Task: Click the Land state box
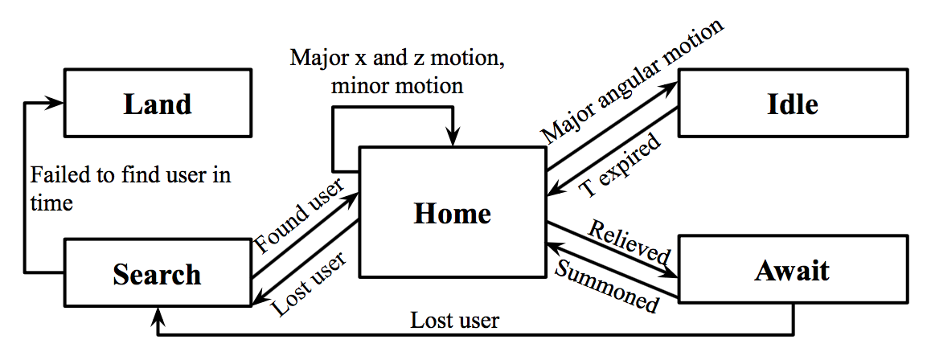click(x=158, y=104)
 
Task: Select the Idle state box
click(x=792, y=104)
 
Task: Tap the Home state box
click(x=452, y=214)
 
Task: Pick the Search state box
click(x=158, y=274)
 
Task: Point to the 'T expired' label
click(x=621, y=165)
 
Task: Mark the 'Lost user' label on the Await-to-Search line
click(x=455, y=321)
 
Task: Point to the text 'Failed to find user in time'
click(x=129, y=188)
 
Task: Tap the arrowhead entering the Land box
click(x=57, y=104)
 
